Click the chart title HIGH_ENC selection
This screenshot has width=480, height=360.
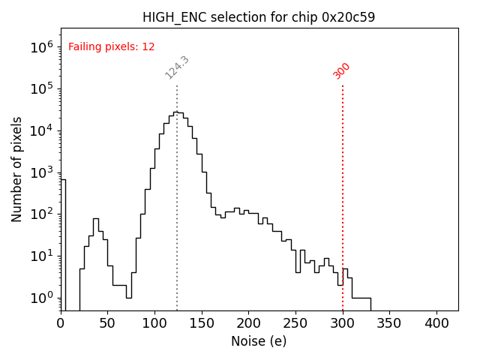(x=259, y=17)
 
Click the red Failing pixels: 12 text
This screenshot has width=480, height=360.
(x=112, y=46)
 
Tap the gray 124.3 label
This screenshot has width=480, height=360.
(x=177, y=67)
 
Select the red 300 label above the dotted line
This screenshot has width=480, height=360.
(x=342, y=70)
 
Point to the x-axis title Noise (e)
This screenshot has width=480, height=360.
(x=259, y=341)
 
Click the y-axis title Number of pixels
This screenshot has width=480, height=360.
(x=17, y=169)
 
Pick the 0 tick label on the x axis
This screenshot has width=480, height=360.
(x=61, y=323)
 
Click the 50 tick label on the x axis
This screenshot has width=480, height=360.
(x=108, y=323)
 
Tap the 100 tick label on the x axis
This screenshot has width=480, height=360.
(x=154, y=323)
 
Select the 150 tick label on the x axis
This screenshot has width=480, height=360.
(x=202, y=323)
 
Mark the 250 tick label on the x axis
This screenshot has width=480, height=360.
(x=295, y=323)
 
